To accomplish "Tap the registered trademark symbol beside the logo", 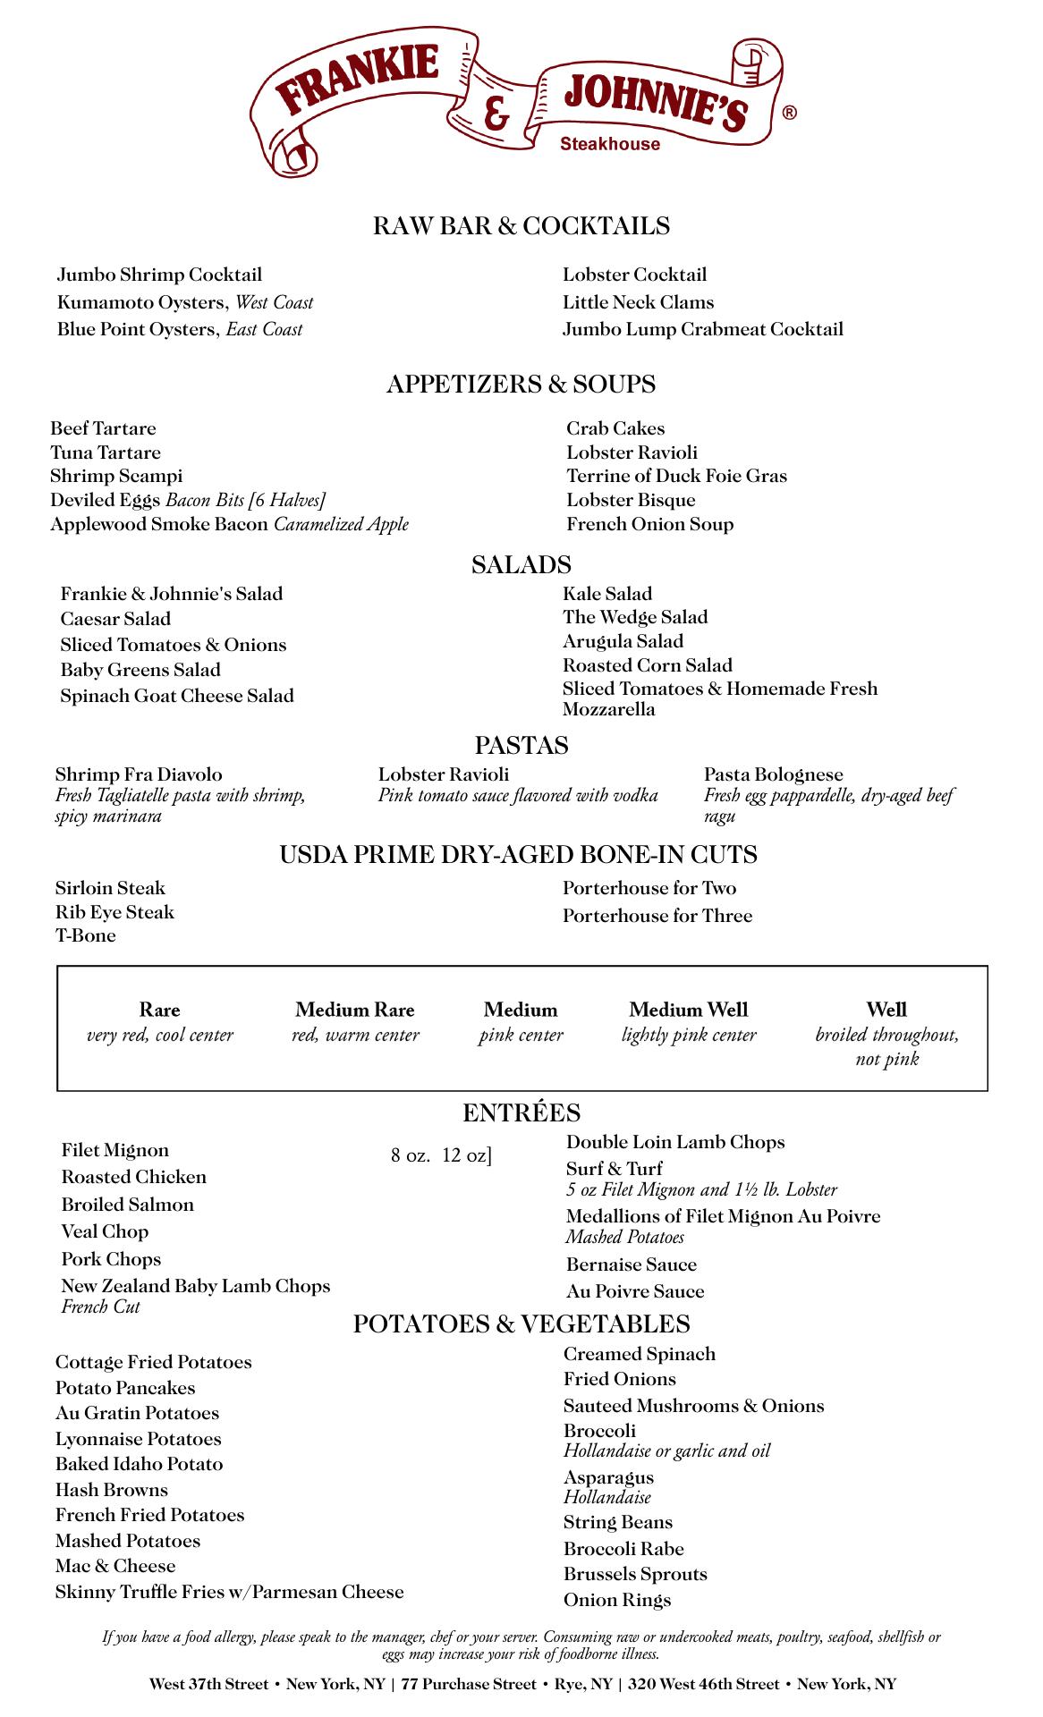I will pyautogui.click(x=789, y=113).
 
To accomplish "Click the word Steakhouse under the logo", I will pyautogui.click(x=609, y=144).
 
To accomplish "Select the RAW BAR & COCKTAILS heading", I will pyautogui.click(x=521, y=225).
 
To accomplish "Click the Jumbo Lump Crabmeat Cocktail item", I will pyautogui.click(x=702, y=329).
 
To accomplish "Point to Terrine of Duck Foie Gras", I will pyautogui.click(x=676, y=476).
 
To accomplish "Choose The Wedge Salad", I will pyautogui.click(x=634, y=617).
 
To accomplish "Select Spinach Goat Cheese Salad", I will pyautogui.click(x=177, y=696).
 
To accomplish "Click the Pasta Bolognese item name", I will pyautogui.click(x=773, y=774).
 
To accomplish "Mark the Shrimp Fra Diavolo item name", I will pyautogui.click(x=139, y=774).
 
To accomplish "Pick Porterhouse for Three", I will pyautogui.click(x=657, y=916).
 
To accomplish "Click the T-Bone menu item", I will pyautogui.click(x=86, y=935).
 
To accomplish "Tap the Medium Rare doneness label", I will pyautogui.click(x=355, y=1011).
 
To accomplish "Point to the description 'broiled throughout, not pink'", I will pyautogui.click(x=886, y=1046).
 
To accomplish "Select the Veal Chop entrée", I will pyautogui.click(x=105, y=1231).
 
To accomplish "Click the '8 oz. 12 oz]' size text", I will pyautogui.click(x=441, y=1155).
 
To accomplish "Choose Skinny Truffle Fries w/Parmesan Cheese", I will pyautogui.click(x=229, y=1592).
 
